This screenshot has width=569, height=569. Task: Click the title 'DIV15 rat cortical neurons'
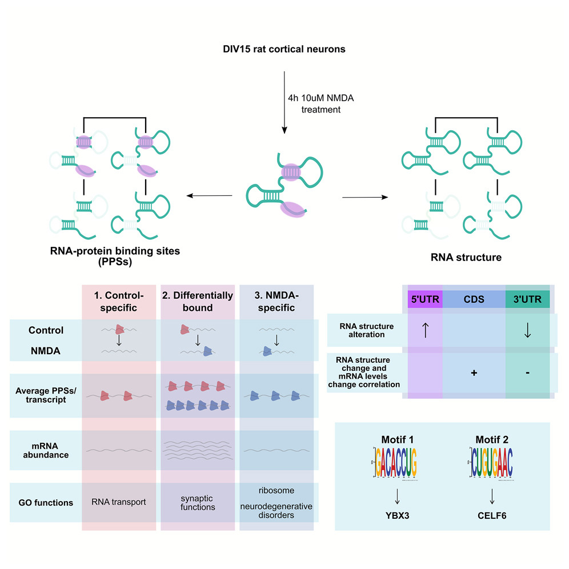(x=284, y=49)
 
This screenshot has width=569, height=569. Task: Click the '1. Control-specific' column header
(x=119, y=301)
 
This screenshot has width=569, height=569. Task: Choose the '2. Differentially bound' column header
(x=198, y=301)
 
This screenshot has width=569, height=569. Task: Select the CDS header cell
(x=474, y=299)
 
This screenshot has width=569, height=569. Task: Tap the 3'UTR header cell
(x=527, y=299)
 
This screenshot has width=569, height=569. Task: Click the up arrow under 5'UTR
(x=425, y=330)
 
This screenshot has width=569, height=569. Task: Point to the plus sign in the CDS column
(x=474, y=372)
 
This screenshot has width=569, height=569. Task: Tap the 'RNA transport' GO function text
(x=119, y=503)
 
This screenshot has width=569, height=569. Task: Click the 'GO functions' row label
(x=46, y=503)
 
